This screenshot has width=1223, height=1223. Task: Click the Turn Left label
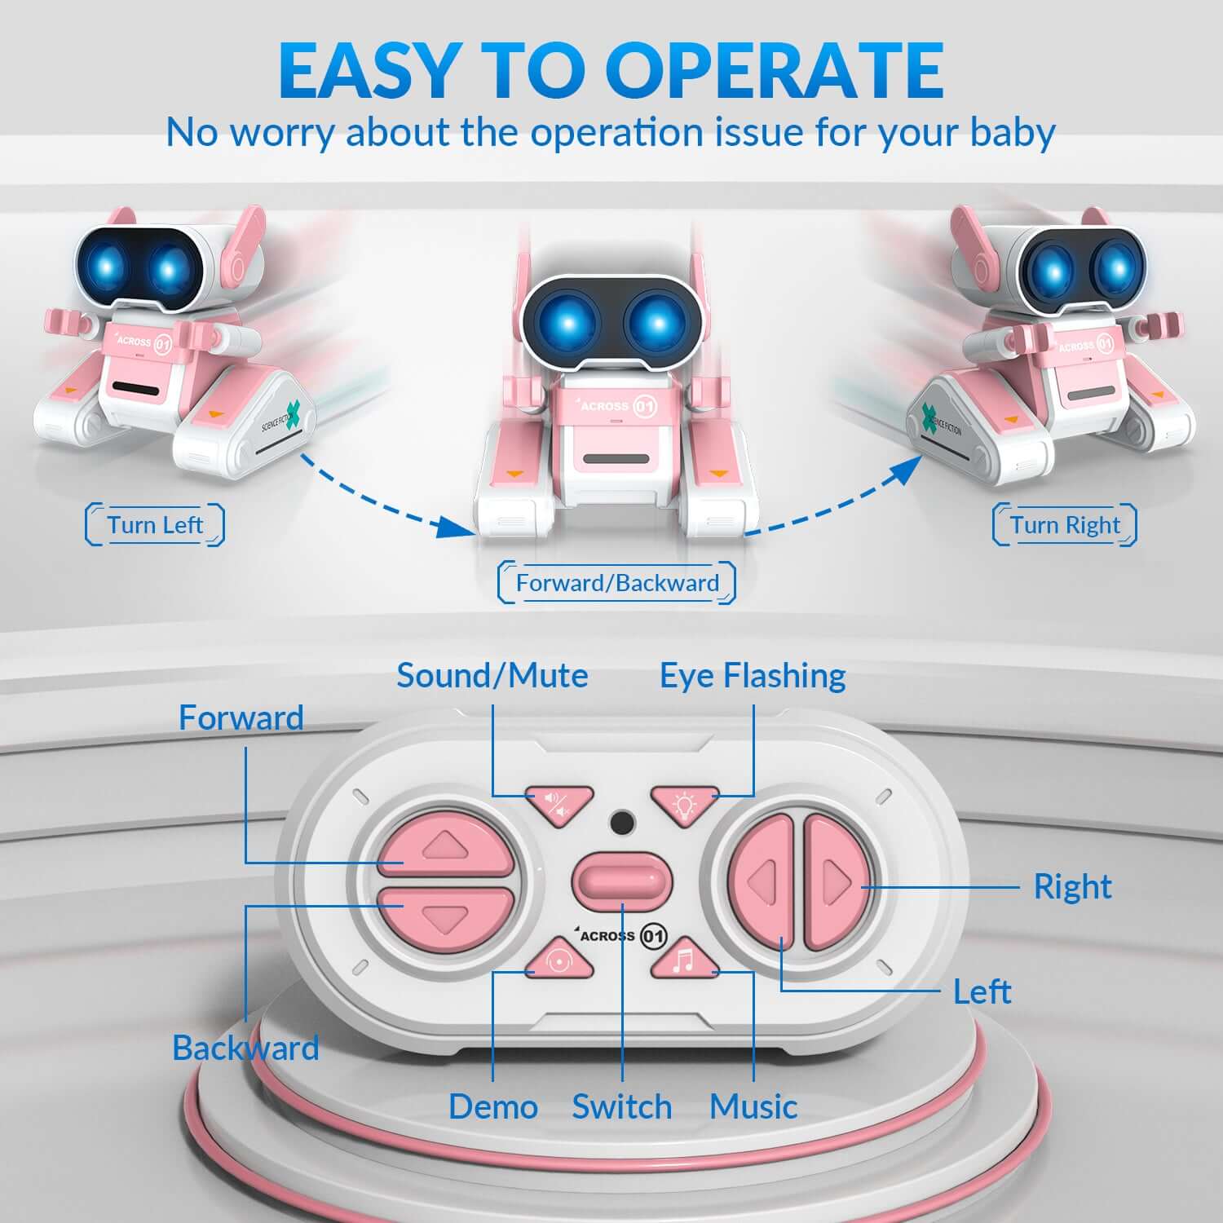point(155,525)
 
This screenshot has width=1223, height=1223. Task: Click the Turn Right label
point(1065,525)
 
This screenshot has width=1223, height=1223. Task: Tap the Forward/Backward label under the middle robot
point(617,583)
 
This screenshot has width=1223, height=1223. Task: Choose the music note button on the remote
point(684,960)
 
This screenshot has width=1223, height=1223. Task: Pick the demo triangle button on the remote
point(559,960)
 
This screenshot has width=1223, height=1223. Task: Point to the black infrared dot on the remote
point(623,822)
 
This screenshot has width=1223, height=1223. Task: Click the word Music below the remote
point(753,1107)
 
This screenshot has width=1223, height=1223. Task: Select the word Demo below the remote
point(493,1107)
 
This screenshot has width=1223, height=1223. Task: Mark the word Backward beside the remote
point(245,1049)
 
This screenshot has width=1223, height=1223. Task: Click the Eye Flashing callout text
point(753,676)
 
